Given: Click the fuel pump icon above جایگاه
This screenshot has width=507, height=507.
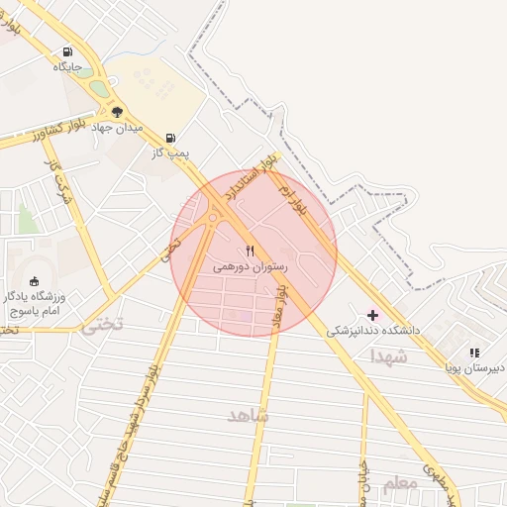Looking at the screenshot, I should pos(67,51).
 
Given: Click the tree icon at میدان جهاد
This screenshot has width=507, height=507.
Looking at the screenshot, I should pos(117,111).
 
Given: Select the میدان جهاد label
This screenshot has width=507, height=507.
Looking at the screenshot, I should pos(117,128).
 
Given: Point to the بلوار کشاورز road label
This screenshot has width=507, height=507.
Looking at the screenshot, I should pos(38,134).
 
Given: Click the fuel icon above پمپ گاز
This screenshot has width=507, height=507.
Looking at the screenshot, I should pos(170,138).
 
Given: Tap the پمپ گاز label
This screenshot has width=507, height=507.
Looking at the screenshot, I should pos(169,153).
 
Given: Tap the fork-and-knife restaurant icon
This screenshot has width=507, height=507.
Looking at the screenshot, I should pos(251,251).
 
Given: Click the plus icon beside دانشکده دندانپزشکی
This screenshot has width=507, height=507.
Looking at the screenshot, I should pos(373,314).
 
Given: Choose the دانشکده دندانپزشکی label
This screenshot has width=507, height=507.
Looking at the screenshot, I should pos(374,330).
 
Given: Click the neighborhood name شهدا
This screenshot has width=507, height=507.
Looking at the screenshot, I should pos(388,355).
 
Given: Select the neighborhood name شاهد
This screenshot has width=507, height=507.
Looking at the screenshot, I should pos(249,415).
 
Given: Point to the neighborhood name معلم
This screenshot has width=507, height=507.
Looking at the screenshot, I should pos(399,482).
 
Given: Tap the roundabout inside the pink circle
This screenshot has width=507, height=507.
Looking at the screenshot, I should pos(213,218).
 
